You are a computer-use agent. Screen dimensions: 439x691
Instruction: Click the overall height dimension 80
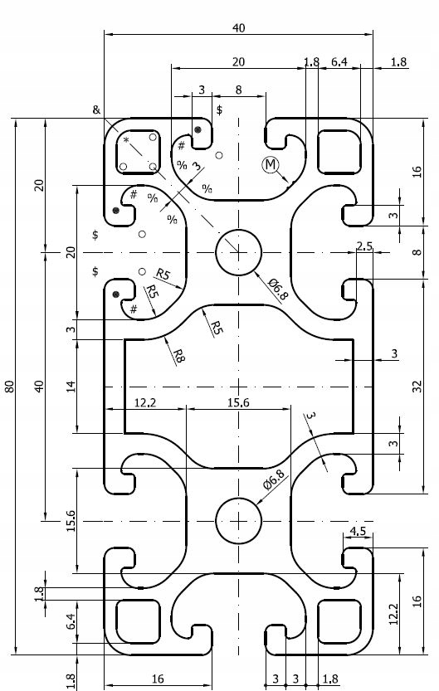11,387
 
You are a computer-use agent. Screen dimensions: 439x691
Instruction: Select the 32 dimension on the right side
417,387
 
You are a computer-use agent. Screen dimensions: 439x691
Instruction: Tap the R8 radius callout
178,356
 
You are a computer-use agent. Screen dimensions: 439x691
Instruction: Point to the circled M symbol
271,165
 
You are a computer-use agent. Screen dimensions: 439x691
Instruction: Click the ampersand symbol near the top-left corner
96,109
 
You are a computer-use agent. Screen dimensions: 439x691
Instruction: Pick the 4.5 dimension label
358,531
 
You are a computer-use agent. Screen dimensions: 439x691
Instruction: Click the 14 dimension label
71,387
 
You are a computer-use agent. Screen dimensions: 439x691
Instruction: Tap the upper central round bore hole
238,252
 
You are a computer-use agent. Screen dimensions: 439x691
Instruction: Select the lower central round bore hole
238,521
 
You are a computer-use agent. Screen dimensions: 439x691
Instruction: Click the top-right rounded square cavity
339,151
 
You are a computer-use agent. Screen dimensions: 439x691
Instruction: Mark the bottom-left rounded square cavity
138,621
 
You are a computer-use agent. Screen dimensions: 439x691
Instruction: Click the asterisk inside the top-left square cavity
126,140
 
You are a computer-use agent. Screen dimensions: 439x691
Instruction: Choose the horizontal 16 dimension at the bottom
158,679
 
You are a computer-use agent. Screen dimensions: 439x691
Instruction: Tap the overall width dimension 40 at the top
238,28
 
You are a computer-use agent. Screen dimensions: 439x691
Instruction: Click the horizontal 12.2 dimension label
145,402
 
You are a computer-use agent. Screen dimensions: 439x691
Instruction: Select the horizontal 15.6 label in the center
238,402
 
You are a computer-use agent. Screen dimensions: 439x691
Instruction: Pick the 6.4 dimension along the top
339,62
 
